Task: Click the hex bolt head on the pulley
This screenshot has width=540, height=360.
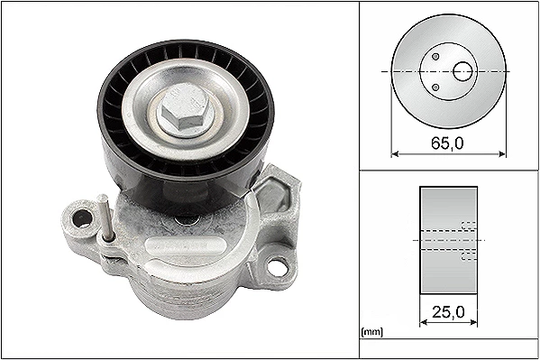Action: tap(183, 107)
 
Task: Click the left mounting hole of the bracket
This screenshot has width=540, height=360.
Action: tap(83, 218)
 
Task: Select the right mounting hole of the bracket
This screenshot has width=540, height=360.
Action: tap(277, 266)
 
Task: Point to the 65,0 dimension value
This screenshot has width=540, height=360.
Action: tap(448, 143)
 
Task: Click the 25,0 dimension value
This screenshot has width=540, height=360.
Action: tap(448, 312)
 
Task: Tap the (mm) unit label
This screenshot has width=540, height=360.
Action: tap(372, 332)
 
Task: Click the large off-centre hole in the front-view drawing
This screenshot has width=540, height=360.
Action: tap(462, 71)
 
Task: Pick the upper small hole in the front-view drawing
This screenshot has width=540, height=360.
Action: tap(435, 56)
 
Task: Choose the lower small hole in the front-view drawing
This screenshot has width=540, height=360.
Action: tap(435, 88)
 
